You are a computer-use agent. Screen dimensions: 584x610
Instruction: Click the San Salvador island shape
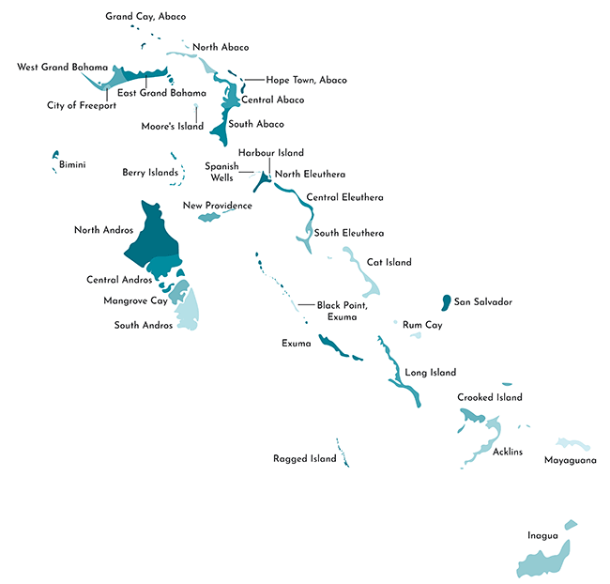coord(444,302)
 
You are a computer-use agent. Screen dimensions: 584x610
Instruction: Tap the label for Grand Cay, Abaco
coord(145,16)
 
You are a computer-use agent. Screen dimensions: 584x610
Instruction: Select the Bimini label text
coord(72,165)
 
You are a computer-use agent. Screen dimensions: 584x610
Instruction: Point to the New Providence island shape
coord(208,218)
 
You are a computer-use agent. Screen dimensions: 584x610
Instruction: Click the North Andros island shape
coord(148,235)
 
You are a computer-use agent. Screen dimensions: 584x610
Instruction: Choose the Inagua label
coord(542,536)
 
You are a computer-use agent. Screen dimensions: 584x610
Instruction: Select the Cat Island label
coord(389,263)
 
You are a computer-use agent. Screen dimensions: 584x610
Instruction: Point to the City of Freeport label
coord(82,105)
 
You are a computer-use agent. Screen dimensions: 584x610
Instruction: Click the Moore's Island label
coord(172,126)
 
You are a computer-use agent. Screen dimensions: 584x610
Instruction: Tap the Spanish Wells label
coord(222,171)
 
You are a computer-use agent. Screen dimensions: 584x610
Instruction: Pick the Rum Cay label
coord(421,325)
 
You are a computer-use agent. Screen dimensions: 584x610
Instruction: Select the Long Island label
coord(430,373)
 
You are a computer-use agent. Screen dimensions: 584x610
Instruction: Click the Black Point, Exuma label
coord(342,311)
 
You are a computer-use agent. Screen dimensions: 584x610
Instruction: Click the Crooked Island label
coord(490,397)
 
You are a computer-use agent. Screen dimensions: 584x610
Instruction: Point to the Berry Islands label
coord(150,173)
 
